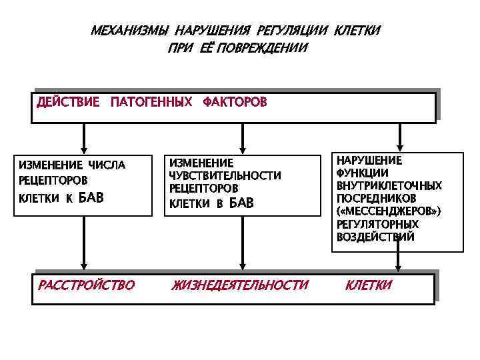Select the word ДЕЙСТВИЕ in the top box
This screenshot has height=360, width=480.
click(68, 102)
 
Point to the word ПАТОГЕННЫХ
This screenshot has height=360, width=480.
click(151, 102)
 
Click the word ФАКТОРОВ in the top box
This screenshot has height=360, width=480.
click(235, 102)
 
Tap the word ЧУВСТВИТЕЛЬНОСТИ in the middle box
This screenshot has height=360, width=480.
click(225, 175)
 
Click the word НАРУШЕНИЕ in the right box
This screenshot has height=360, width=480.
click(369, 161)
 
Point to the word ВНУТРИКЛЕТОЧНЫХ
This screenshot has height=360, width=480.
click(389, 186)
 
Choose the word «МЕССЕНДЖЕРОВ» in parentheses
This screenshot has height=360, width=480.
click(389, 211)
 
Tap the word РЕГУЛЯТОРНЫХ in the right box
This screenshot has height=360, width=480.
click(377, 224)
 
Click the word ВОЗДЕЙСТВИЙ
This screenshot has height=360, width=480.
click(375, 237)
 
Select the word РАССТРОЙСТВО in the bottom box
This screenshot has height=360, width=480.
click(86, 285)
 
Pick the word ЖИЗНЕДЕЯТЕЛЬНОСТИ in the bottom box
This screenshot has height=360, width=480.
click(240, 285)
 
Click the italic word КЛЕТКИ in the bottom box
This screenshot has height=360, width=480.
click(368, 285)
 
